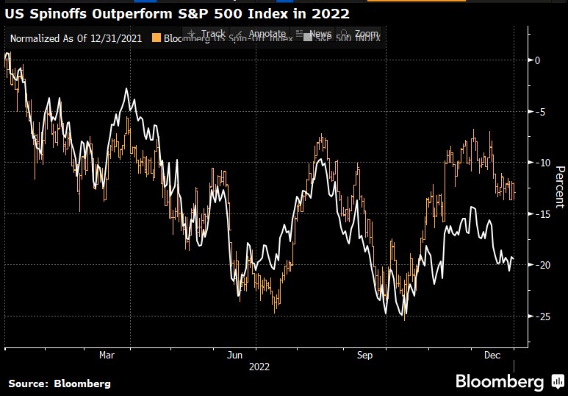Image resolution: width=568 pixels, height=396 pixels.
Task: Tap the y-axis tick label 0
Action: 538,60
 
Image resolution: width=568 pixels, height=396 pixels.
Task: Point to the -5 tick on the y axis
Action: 541,112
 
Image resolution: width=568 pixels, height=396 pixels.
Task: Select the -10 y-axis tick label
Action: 542,163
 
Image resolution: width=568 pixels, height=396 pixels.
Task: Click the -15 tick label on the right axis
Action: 542,214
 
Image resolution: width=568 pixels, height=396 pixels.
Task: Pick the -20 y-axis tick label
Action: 542,265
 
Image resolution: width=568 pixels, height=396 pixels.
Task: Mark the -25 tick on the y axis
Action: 542,317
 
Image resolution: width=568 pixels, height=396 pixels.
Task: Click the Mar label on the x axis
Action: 107,355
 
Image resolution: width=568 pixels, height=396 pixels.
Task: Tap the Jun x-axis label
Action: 235,355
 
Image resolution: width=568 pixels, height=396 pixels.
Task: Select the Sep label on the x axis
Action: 365,355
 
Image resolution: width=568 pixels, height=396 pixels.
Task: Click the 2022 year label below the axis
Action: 259,366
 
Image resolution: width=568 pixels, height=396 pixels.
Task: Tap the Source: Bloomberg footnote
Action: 59,383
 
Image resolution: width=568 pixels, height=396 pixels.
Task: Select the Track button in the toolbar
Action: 208,34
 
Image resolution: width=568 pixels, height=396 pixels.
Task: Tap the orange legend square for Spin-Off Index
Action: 156,38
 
